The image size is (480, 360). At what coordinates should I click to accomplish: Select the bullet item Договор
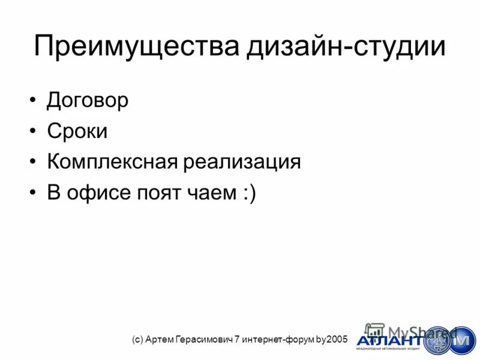click(x=88, y=100)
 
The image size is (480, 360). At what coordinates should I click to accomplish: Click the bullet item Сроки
click(x=77, y=131)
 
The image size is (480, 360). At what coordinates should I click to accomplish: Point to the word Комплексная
click(x=110, y=162)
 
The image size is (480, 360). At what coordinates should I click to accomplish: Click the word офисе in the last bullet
click(x=97, y=193)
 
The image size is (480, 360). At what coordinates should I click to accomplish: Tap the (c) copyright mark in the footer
click(x=137, y=340)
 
